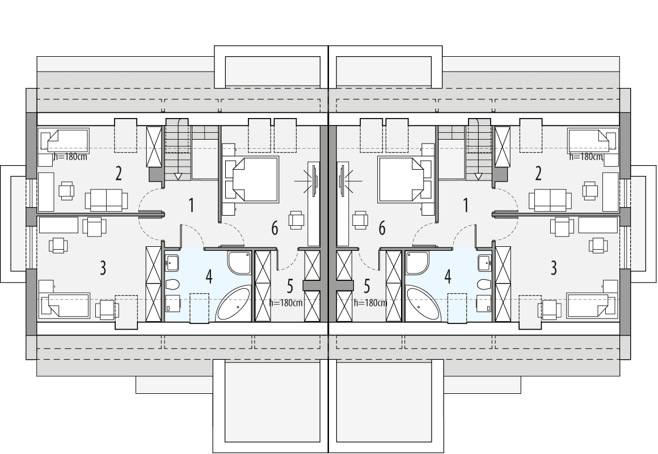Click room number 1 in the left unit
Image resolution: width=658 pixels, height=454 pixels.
(x=191, y=205)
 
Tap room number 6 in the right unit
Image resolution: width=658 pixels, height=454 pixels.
(x=382, y=228)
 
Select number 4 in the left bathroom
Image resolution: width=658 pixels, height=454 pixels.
(x=209, y=277)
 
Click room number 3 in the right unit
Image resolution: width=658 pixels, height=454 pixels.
(x=554, y=267)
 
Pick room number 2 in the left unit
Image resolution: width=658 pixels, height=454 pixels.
(x=119, y=173)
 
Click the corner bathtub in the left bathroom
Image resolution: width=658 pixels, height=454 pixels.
(x=234, y=305)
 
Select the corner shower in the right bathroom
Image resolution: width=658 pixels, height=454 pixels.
(x=418, y=262)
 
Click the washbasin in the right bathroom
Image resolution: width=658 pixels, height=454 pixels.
(x=484, y=262)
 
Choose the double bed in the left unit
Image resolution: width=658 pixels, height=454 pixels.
(x=252, y=179)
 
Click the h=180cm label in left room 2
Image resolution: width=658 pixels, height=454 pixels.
(x=69, y=157)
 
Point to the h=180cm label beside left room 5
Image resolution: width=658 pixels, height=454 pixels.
(x=286, y=302)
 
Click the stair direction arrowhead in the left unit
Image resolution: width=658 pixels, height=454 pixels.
(x=178, y=176)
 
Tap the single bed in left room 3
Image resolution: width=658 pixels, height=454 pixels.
(x=64, y=306)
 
